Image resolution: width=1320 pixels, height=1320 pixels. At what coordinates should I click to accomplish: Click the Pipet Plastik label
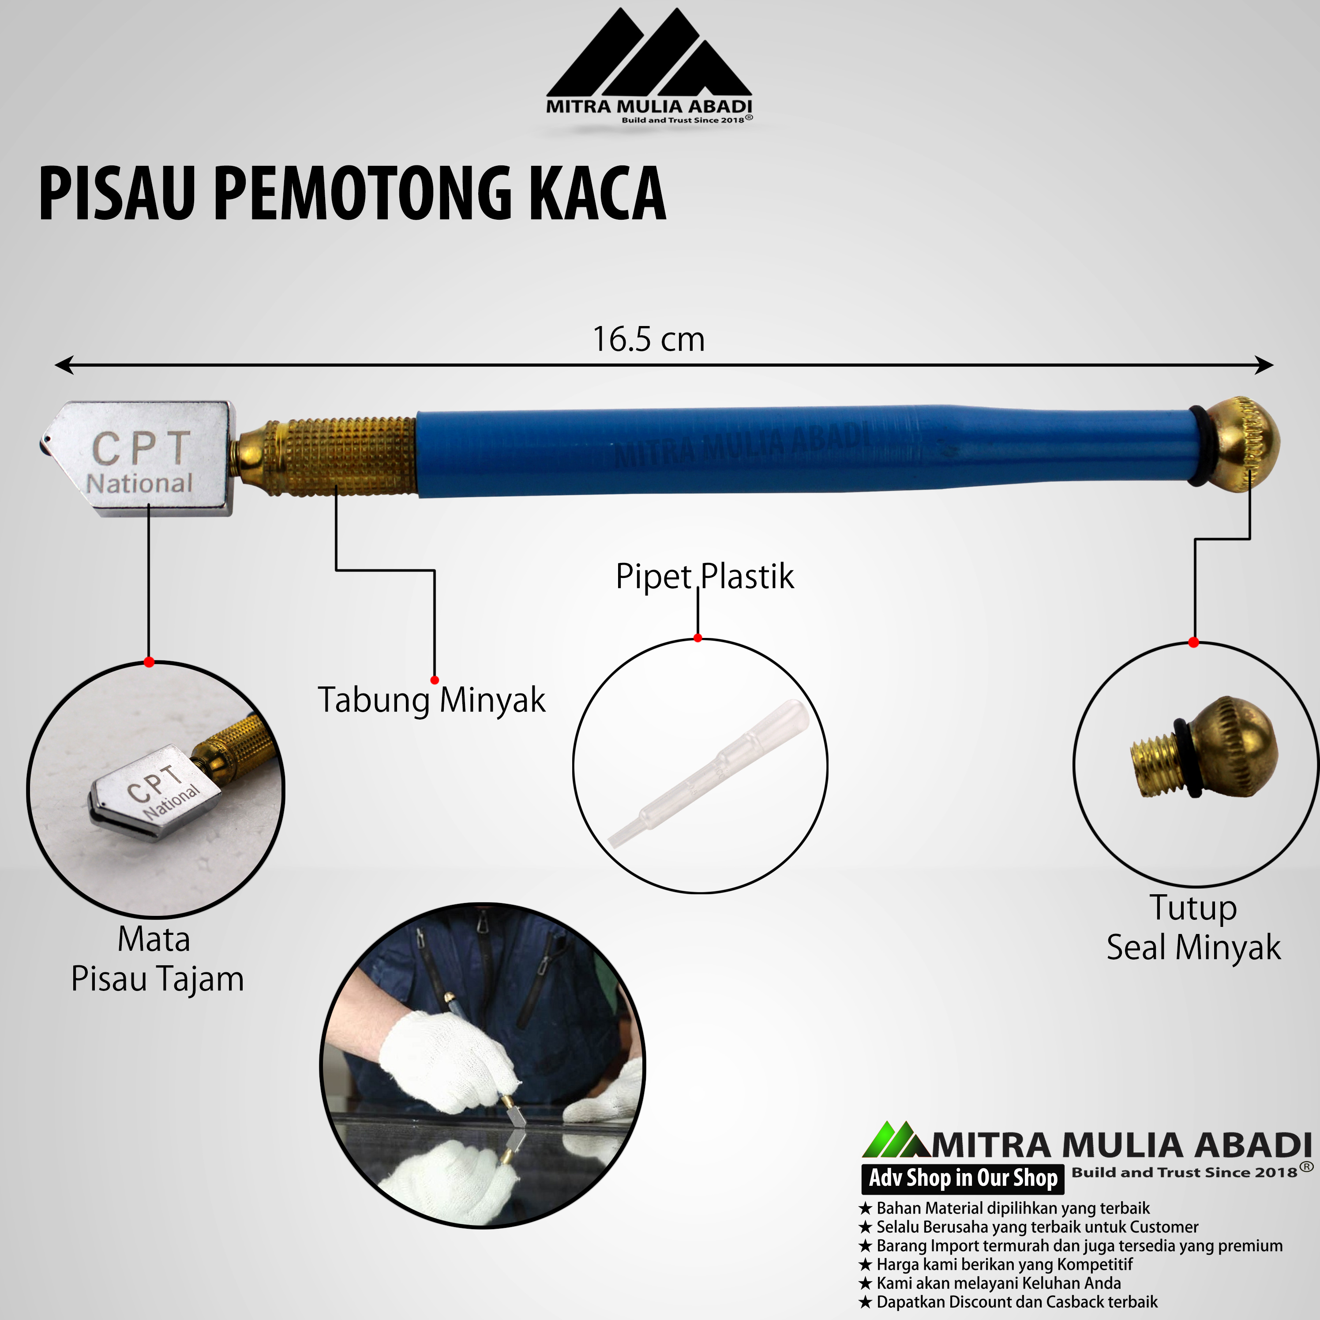(x=705, y=577)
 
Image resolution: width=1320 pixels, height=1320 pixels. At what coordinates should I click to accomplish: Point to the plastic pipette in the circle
(x=709, y=773)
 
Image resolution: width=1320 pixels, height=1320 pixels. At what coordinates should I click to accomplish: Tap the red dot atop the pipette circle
(x=697, y=638)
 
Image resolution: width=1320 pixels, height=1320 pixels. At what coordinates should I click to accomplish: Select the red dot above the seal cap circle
(x=1193, y=642)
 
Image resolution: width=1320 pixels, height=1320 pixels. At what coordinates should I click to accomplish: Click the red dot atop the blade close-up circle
(x=149, y=662)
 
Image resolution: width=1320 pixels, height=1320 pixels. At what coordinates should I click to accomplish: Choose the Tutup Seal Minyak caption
(x=1193, y=928)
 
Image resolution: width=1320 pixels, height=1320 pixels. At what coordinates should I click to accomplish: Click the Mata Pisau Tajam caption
(x=157, y=959)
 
